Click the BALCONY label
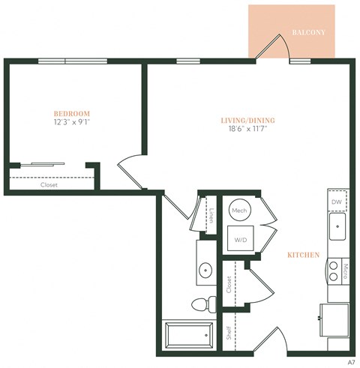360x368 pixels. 308,33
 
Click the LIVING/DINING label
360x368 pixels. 247,119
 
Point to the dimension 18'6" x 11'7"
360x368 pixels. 247,129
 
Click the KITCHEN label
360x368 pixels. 304,255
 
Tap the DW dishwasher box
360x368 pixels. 337,202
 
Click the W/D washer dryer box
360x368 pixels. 240,240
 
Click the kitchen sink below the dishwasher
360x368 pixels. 338,226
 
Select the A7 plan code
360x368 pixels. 350,361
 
